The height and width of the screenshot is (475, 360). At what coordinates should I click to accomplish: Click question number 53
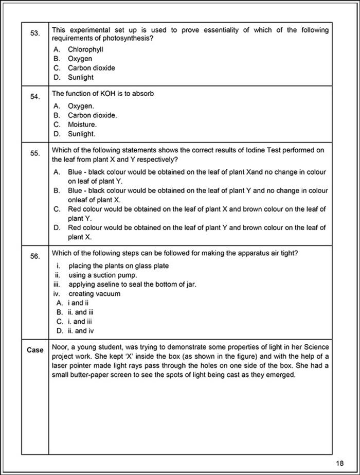pos(35,33)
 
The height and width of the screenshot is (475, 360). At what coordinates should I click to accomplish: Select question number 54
pos(35,97)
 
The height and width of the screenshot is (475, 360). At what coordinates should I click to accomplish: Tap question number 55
pos(35,153)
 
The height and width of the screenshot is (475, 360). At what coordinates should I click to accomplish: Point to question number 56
pos(35,256)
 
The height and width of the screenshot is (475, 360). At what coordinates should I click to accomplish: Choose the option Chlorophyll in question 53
pos(85,49)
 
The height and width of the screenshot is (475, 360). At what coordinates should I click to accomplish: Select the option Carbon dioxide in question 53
pos(91,68)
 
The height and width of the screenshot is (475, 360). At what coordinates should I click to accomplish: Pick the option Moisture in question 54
pos(82,125)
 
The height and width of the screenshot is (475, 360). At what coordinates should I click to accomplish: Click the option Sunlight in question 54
pos(81,134)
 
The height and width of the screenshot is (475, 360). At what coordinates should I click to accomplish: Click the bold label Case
pos(35,350)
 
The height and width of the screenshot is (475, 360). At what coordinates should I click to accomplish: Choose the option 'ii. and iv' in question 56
pos(81,331)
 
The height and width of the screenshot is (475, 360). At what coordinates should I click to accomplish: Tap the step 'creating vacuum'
pos(94,294)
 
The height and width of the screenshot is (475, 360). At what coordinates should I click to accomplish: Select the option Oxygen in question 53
pos(80,59)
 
